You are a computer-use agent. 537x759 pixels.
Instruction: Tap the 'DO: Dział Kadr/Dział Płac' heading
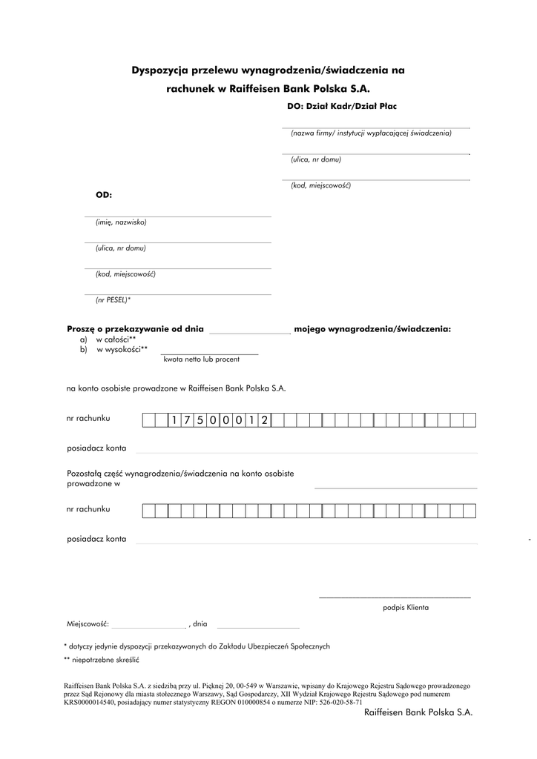[x=341, y=106]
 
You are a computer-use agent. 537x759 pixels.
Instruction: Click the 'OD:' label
[x=103, y=195]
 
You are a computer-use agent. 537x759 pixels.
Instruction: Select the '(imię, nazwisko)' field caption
[x=121, y=222]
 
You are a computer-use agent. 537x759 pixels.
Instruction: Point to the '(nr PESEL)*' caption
[x=113, y=300]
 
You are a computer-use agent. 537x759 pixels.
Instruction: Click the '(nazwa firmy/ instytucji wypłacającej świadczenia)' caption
[x=371, y=133]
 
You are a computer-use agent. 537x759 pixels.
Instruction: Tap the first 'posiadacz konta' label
[x=96, y=448]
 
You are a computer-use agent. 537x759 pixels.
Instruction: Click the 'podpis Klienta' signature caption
[x=406, y=607]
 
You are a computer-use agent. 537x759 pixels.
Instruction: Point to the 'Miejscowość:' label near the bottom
[x=88, y=624]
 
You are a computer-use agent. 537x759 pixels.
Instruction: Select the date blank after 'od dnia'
[x=249, y=328]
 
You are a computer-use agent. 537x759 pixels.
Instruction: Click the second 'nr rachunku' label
[x=88, y=509]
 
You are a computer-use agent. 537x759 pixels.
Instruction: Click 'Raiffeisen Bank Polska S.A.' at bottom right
[x=418, y=712]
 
